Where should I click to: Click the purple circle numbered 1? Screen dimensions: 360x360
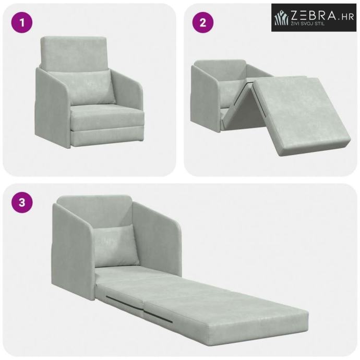(x=22, y=22)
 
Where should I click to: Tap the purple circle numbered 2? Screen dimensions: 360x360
(x=203, y=22)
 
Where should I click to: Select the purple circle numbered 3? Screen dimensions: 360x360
(x=22, y=203)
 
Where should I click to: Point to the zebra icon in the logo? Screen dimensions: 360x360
(x=282, y=18)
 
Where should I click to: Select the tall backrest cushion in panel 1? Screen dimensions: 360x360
(x=74, y=54)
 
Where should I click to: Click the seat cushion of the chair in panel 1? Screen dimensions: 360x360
(x=108, y=117)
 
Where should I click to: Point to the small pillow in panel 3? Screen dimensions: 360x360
(x=116, y=246)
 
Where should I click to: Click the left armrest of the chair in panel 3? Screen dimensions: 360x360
(x=74, y=248)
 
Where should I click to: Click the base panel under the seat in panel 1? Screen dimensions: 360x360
(x=108, y=137)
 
